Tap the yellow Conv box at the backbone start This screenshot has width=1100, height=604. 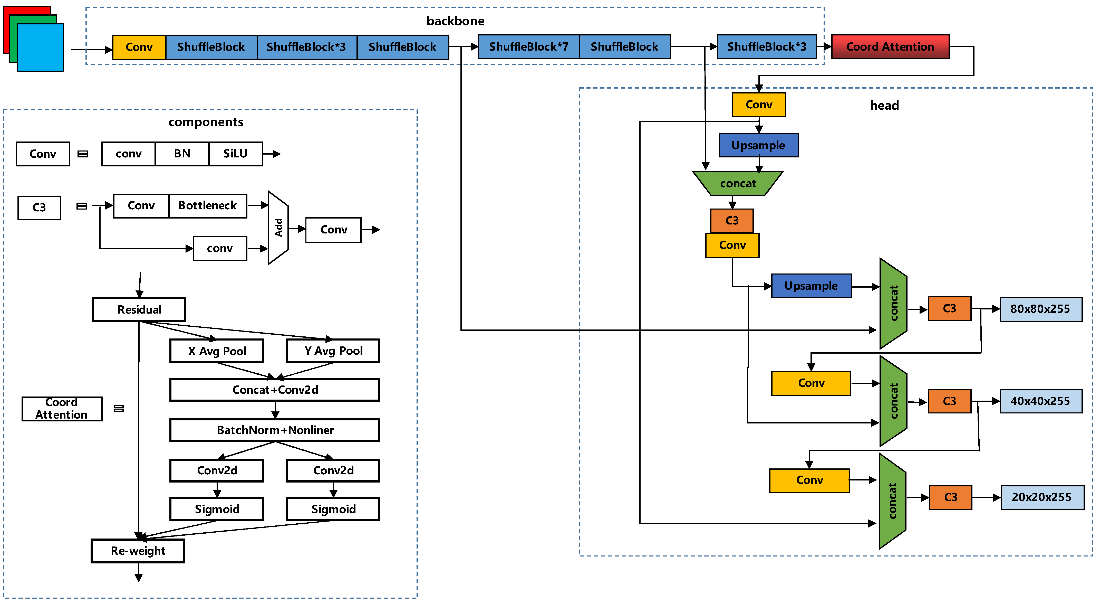click(x=139, y=47)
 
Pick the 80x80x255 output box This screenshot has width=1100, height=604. click(x=1041, y=309)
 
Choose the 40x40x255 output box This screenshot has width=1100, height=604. click(x=1041, y=401)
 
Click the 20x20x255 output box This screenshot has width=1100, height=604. click(x=1042, y=497)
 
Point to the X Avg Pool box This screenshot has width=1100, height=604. click(x=217, y=351)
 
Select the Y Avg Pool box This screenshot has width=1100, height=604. click(x=333, y=351)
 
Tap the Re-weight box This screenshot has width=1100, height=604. click(x=138, y=551)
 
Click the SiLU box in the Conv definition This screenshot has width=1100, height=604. click(x=235, y=154)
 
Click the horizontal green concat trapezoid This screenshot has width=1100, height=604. click(x=737, y=184)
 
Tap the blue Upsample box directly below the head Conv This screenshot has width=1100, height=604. click(x=758, y=145)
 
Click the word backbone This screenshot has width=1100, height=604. click(x=455, y=21)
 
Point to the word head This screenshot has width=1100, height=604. click(x=884, y=106)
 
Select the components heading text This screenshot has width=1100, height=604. click(x=206, y=122)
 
